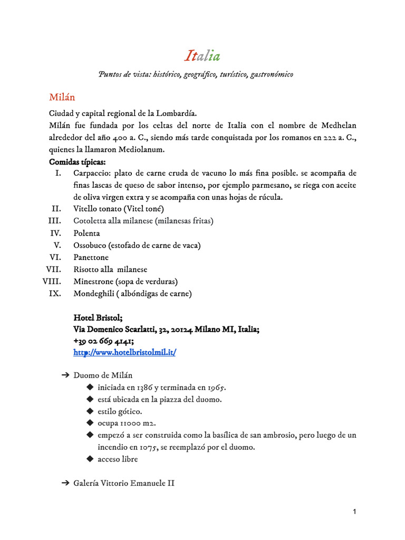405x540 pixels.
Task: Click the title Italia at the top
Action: [202, 56]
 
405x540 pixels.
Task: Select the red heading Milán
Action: [62, 98]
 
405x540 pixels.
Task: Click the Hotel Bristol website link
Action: [124, 352]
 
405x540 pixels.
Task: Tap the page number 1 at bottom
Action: [355, 512]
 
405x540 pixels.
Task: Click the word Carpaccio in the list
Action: [90, 173]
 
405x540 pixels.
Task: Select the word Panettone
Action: [91, 257]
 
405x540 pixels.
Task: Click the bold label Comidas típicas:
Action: [77, 161]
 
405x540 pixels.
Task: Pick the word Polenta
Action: [86, 233]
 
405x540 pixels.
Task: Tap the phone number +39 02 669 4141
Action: [103, 341]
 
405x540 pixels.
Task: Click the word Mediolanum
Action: [139, 150]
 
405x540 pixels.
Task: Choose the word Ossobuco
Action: [90, 245]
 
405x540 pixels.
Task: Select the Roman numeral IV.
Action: [56, 233]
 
